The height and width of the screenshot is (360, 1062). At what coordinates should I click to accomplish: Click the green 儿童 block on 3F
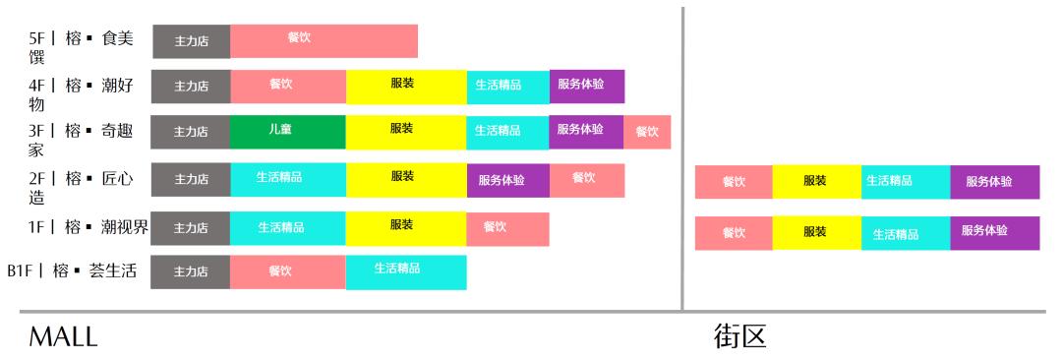click(x=287, y=132)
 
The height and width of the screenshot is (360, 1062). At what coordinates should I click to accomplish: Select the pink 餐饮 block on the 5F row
click(x=324, y=41)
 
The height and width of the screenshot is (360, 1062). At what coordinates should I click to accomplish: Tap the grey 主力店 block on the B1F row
click(x=191, y=272)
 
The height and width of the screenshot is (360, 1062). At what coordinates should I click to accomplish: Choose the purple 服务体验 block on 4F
click(x=586, y=87)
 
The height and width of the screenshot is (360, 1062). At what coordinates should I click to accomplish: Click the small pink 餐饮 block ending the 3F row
click(x=647, y=132)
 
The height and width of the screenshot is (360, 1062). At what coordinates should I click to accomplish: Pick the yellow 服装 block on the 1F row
click(x=405, y=227)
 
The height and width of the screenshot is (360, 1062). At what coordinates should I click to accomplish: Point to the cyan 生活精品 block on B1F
click(x=405, y=272)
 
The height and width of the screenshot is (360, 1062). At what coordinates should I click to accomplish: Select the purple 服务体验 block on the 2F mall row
click(x=507, y=180)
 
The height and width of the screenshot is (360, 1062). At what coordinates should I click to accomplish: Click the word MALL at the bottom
click(x=63, y=337)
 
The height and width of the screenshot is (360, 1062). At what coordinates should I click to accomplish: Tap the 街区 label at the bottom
click(x=739, y=337)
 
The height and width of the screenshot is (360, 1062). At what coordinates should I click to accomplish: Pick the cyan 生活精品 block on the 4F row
click(x=507, y=87)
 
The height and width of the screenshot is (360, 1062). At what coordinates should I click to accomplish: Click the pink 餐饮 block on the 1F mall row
click(x=507, y=228)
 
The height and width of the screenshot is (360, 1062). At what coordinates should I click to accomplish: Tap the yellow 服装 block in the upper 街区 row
click(x=816, y=182)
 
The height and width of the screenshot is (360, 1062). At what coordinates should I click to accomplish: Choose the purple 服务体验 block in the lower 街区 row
click(x=994, y=233)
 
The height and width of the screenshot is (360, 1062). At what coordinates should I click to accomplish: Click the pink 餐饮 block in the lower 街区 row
click(x=734, y=233)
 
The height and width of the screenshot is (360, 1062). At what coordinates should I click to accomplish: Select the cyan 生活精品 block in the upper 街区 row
click(x=906, y=182)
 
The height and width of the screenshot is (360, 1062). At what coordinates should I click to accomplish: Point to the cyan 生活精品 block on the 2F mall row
click(x=287, y=180)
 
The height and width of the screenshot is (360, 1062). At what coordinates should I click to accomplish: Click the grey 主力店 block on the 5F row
click(x=191, y=41)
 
